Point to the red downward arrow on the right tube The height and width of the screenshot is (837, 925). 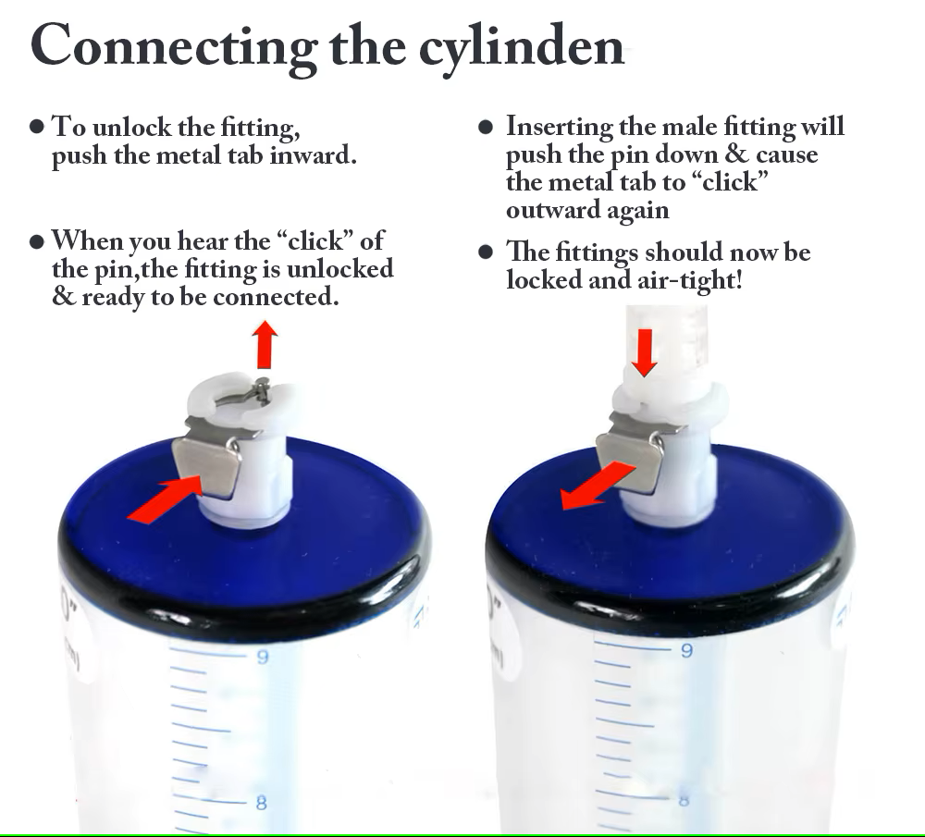(x=644, y=352)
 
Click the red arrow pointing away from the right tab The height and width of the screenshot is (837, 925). (x=597, y=486)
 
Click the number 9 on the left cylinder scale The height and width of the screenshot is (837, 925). (x=263, y=657)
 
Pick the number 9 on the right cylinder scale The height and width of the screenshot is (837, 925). (x=686, y=650)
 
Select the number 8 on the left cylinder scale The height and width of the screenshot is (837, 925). (x=262, y=803)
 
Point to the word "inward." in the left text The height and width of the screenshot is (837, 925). (x=314, y=155)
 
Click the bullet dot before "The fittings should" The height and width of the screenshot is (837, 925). (x=486, y=252)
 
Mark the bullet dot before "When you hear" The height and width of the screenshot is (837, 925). (x=37, y=241)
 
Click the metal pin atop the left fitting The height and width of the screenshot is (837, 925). (x=263, y=388)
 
